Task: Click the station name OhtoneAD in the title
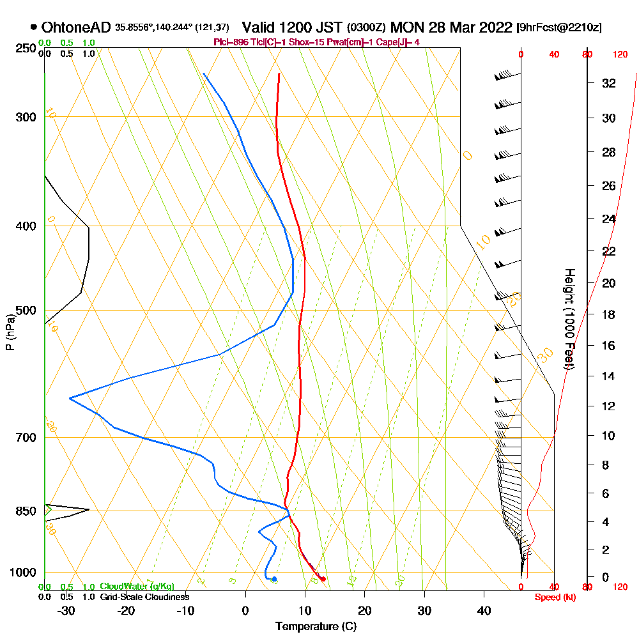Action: pos(76,27)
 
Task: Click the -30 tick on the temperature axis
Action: pos(66,610)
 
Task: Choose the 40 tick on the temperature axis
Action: pos(484,610)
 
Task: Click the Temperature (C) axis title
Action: pos(316,626)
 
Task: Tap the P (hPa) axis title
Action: pos(10,332)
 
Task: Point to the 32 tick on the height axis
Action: pos(609,83)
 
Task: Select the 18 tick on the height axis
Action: pos(609,314)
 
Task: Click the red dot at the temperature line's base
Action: pos(323,579)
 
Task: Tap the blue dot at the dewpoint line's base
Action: pos(274,579)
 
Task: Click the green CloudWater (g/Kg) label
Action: pos(137,587)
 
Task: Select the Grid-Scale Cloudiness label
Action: pos(144,597)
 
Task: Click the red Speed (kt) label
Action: pos(553,597)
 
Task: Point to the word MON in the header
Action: pos(409,27)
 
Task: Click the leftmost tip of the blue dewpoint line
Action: pos(70,398)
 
